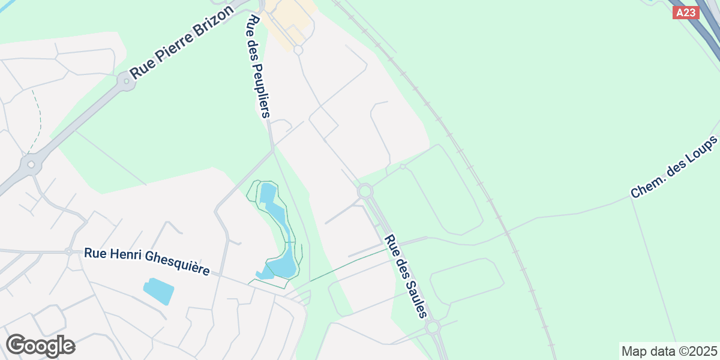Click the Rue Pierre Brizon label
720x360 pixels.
click(181, 44)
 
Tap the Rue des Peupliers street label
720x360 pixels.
click(260, 66)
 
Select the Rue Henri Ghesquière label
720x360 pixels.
click(147, 262)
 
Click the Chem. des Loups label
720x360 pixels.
click(674, 167)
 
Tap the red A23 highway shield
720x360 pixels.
click(686, 13)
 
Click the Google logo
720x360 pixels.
click(40, 346)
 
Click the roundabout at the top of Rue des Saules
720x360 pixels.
click(365, 191)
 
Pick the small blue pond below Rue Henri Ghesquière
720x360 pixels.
click(159, 291)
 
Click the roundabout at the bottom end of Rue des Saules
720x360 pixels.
click(433, 328)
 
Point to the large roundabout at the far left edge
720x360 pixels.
click(31, 164)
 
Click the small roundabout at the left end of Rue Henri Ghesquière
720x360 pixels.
click(69, 251)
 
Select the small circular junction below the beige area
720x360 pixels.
click(298, 50)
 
